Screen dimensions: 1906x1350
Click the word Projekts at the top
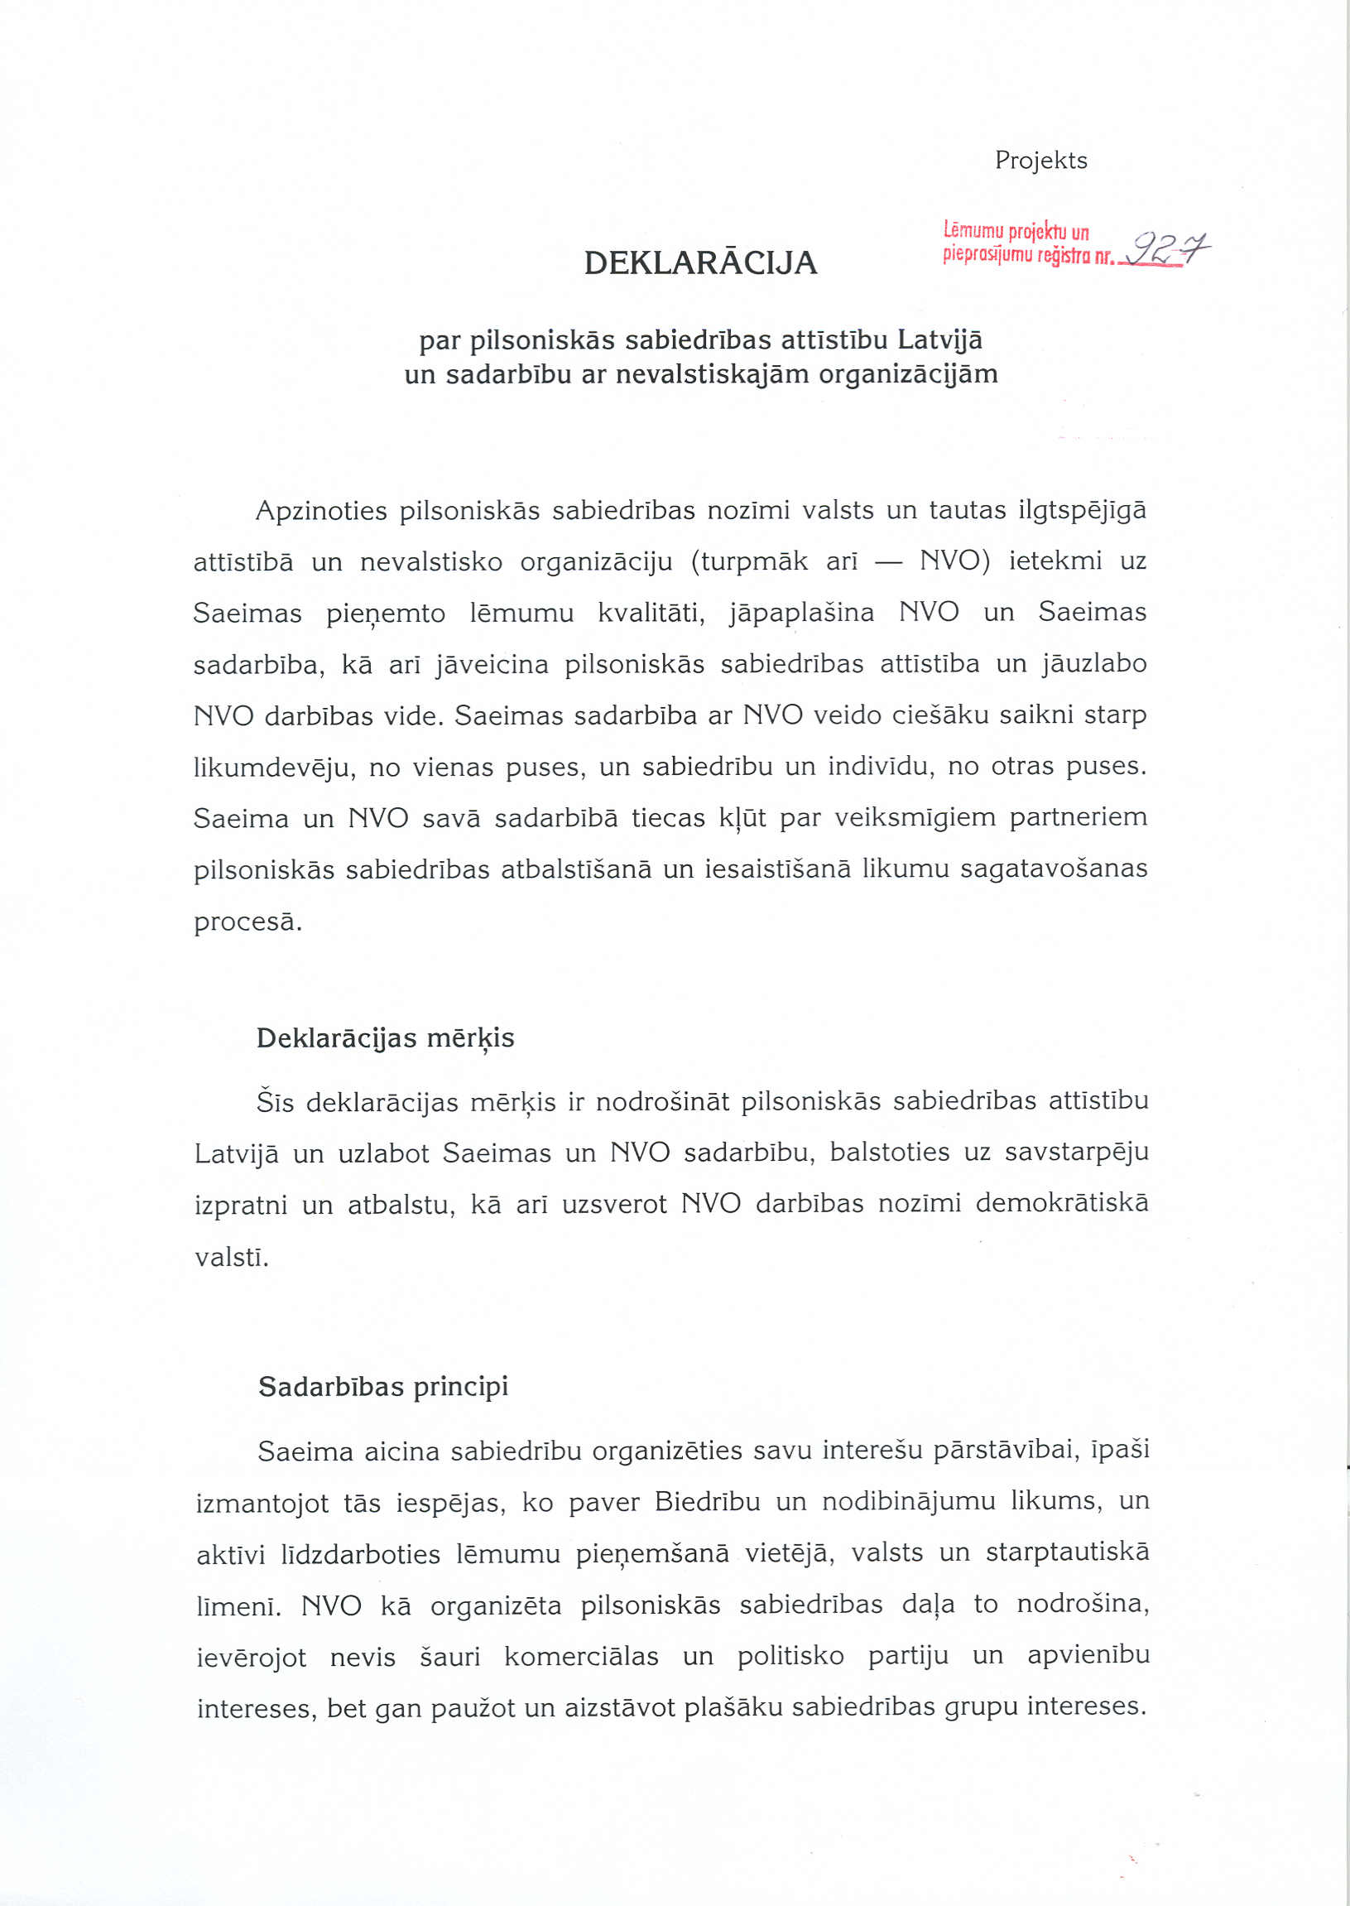pos(1040,161)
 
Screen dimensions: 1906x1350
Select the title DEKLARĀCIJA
pos(700,262)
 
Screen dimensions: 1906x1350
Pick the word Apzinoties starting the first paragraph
pos(321,511)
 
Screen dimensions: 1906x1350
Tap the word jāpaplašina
pos(801,614)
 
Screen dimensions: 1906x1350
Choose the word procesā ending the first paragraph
pos(247,922)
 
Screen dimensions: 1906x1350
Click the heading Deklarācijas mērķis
pos(385,1038)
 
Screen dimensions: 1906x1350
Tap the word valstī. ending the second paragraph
pos(231,1257)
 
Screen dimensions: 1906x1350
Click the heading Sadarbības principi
pos(382,1387)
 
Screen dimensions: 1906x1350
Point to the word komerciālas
pos(581,1656)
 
